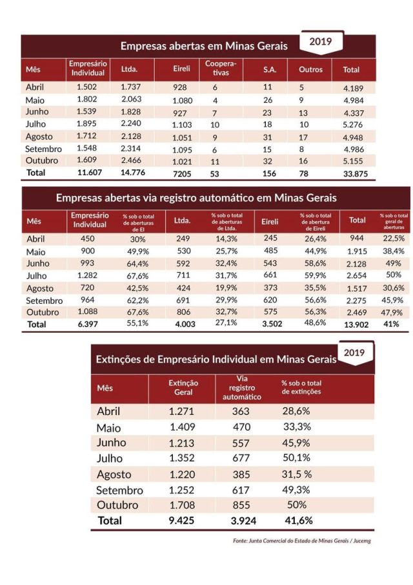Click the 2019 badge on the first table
coord(321,42)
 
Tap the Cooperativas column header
coord(221,68)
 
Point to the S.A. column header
coord(270,69)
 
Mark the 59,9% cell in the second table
coord(312,276)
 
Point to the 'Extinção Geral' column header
coord(183,388)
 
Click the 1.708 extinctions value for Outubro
coord(184,504)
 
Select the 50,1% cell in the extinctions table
coord(296,458)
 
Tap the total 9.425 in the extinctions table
coord(184,520)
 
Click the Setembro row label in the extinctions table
coord(120,489)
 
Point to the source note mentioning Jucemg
coord(302,541)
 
